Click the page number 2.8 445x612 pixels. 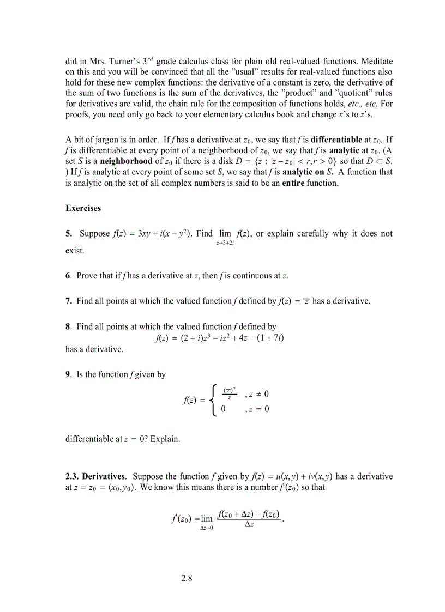coord(187,578)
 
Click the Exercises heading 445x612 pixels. coord(83,208)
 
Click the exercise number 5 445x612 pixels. coord(68,234)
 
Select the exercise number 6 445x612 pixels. coord(68,276)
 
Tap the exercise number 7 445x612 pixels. coord(68,301)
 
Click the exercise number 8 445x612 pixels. coord(68,326)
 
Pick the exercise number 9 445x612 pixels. coord(68,374)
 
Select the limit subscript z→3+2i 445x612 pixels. coord(225,243)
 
